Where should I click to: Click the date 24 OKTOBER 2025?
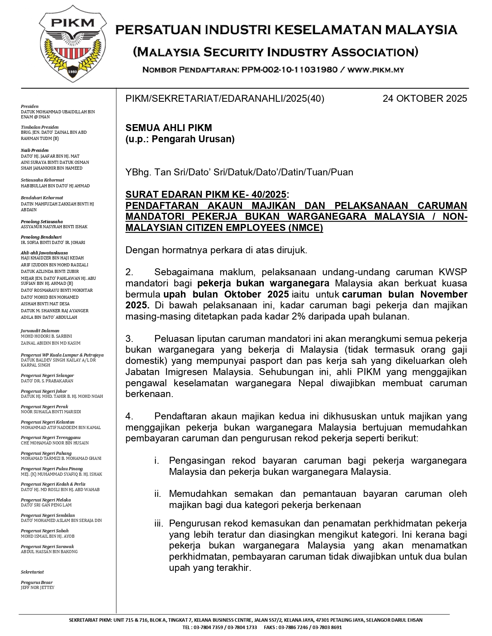pyautogui.click(x=424, y=99)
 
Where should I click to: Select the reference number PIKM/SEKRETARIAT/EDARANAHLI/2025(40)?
pyautogui.click(x=225, y=99)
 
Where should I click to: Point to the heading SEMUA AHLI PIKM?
pyautogui.click(x=169, y=128)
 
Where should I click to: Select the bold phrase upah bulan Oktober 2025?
pyautogui.click(x=226, y=294)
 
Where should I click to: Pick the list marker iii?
pyautogui.click(x=159, y=523)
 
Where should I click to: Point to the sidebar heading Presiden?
pyautogui.click(x=30, y=106)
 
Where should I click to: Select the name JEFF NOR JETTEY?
pyautogui.click(x=37, y=587)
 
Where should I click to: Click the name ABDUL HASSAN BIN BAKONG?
pyautogui.click(x=49, y=552)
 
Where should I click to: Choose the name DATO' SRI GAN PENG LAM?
pyautogui.click(x=46, y=505)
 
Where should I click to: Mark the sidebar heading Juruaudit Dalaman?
pyautogui.click(x=40, y=331)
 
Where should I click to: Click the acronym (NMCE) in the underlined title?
pyautogui.click(x=306, y=228)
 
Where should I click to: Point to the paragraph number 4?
pyautogui.click(x=129, y=416)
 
